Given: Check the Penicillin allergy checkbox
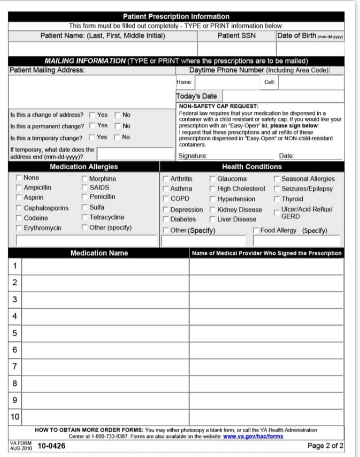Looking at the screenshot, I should [85, 197].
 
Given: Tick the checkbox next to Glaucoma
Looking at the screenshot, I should [212, 179].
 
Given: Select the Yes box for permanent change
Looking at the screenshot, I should [92, 126].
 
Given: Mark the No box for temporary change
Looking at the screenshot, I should [117, 137].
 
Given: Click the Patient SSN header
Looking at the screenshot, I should [237, 35].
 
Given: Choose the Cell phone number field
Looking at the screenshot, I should [311, 82].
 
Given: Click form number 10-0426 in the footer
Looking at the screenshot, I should [51, 446].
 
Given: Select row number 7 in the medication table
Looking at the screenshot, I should [15, 367].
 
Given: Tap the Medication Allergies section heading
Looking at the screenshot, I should [84, 167].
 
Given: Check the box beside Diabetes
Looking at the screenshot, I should [166, 219].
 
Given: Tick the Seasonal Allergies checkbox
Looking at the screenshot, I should [277, 179].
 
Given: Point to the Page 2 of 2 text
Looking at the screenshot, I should [326, 446].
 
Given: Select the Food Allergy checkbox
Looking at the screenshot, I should [256, 230].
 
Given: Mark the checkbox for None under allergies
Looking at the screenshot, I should [19, 178].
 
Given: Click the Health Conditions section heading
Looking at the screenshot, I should [251, 167].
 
